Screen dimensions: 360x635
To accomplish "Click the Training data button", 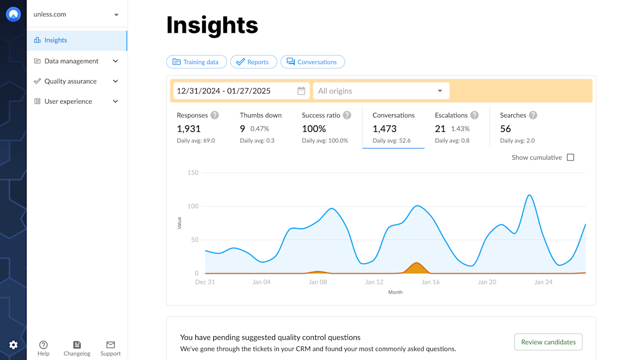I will (196, 62).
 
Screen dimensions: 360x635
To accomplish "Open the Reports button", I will (253, 62).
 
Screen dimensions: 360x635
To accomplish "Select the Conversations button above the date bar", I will (312, 62).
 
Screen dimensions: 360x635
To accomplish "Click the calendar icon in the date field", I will (301, 91).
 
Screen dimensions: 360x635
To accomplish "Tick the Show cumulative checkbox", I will (570, 157).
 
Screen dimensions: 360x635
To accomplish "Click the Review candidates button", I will (548, 342).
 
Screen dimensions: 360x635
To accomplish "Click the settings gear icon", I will (13, 345).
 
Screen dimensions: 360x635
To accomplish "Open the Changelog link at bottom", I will (77, 348).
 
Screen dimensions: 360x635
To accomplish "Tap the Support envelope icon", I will (111, 345).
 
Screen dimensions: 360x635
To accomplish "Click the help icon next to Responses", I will (214, 115).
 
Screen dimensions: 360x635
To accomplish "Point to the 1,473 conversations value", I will (385, 129).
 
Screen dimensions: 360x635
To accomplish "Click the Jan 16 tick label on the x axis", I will (431, 282).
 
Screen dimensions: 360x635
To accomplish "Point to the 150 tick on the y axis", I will (193, 173).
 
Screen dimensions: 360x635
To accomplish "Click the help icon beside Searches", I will (533, 115).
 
